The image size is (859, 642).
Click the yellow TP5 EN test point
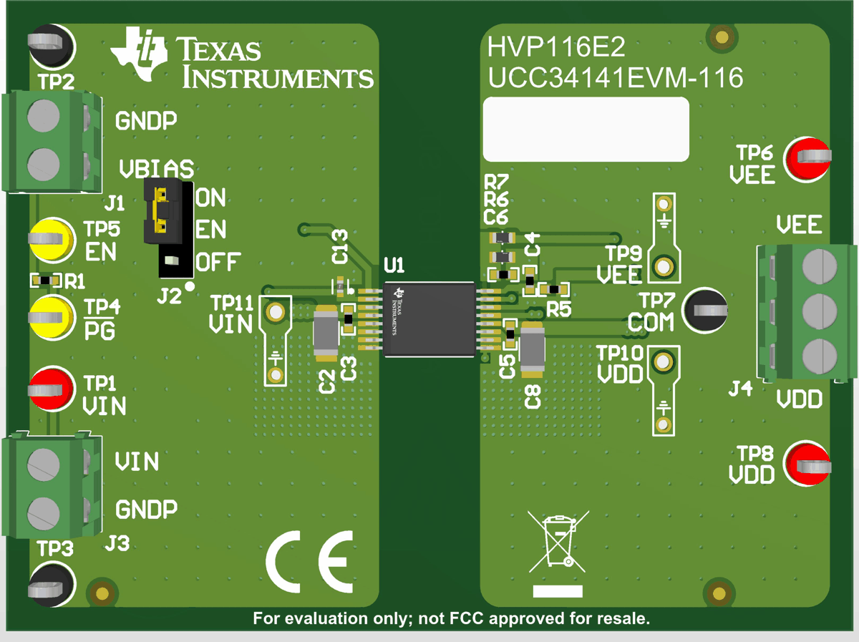[51, 239]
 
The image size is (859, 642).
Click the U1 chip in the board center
[429, 320]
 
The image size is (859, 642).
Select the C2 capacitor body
[326, 333]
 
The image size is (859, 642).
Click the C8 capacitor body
[533, 349]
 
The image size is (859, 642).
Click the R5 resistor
[554, 288]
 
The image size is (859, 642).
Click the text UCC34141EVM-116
[616, 78]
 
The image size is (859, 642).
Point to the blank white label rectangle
[586, 130]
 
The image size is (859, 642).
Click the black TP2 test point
[49, 47]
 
